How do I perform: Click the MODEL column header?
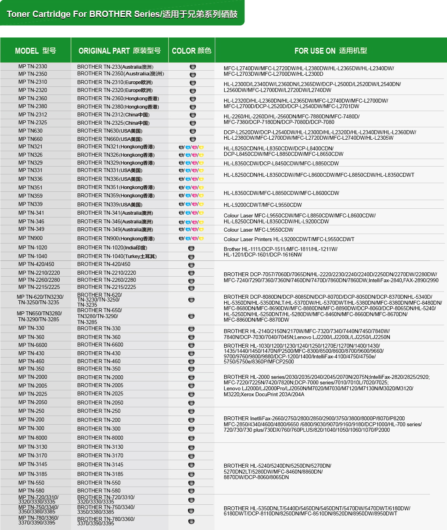coord(36,51)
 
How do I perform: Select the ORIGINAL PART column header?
coord(119,51)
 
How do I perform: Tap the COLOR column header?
coord(192,51)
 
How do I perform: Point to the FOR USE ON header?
coord(331,51)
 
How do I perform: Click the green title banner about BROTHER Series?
coord(122,14)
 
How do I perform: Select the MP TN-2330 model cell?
coord(33,67)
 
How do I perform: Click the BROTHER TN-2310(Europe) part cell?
coord(115,82)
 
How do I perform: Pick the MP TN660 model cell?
coord(30,139)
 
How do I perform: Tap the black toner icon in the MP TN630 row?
coord(193,131)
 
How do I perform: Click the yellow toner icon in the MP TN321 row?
coord(201,147)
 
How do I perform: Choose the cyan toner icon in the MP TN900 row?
coord(188,238)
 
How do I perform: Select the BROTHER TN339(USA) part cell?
coord(110,204)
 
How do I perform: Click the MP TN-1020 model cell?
coord(33,247)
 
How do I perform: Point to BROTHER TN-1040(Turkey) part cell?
coord(117,256)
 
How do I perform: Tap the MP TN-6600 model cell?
coord(33,345)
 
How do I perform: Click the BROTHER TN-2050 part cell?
coord(100,403)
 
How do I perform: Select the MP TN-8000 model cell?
coord(33,438)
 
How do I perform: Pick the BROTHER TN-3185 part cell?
coord(100,474)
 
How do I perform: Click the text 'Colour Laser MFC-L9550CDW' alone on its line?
coord(259,230)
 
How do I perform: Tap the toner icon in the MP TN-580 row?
coord(192,491)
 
